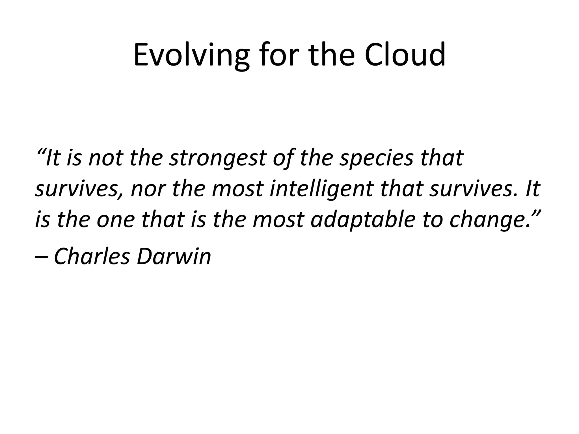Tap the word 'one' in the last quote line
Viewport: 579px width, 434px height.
[x=116, y=221]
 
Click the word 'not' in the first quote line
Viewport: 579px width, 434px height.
[x=105, y=158]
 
